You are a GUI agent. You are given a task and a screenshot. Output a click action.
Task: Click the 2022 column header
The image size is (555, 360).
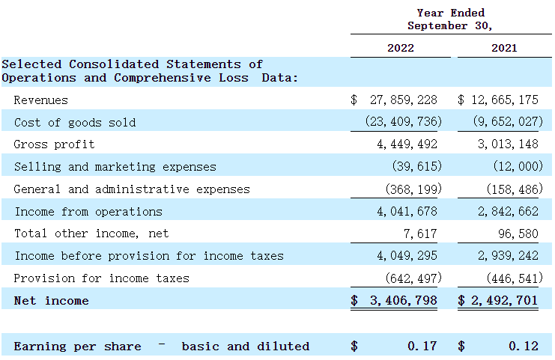tap(400, 49)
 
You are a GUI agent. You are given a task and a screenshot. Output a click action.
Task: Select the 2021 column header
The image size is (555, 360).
tap(504, 49)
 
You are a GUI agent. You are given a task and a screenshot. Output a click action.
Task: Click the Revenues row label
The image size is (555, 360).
tap(40, 100)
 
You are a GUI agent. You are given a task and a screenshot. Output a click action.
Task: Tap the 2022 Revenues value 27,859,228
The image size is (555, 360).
tap(404, 100)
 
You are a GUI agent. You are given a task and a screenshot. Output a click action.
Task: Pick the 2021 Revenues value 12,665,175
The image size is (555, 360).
tap(505, 100)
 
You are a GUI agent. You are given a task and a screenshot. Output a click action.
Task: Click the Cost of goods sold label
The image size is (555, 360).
tap(75, 122)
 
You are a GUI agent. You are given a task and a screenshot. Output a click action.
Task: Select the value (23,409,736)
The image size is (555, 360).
tap(403, 122)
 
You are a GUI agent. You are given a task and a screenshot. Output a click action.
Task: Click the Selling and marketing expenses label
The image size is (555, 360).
tap(115, 167)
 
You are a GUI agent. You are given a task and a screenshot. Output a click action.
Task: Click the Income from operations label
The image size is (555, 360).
tap(88, 212)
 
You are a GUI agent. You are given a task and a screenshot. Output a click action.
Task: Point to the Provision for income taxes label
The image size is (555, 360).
tap(101, 278)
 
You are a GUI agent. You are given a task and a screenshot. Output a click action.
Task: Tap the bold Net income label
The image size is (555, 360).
tap(51, 301)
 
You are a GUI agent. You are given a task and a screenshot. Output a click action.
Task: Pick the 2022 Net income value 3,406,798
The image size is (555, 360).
tap(404, 301)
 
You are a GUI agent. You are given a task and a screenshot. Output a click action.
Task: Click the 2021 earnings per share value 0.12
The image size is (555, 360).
tap(523, 347)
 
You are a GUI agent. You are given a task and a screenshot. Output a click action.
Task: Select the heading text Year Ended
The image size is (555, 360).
tap(451, 13)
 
